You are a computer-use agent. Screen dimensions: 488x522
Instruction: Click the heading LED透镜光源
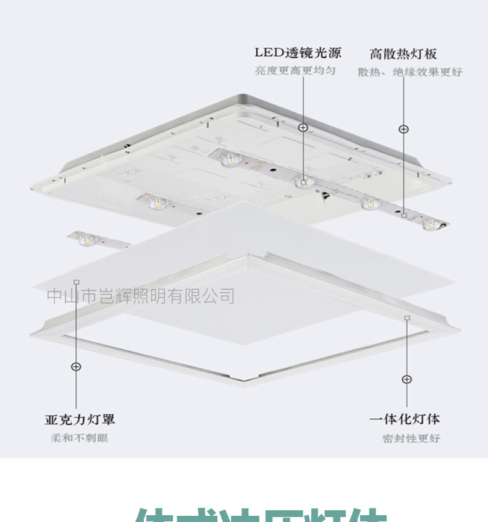click(x=298, y=53)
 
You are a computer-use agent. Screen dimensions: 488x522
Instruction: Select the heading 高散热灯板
click(x=403, y=54)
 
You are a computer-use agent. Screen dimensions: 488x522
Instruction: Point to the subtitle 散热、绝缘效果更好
click(x=410, y=72)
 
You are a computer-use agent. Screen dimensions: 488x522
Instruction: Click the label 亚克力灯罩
click(x=80, y=419)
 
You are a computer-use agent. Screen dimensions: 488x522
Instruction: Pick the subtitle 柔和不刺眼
click(x=79, y=438)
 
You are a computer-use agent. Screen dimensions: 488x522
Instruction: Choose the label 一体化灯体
click(x=405, y=419)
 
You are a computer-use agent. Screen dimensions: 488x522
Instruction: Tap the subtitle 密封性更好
click(x=411, y=439)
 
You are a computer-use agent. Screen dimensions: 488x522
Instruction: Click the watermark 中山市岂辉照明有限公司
click(x=141, y=296)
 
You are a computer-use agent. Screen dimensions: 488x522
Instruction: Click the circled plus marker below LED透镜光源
click(x=303, y=128)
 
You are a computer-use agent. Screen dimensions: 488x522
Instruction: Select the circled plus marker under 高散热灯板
click(x=403, y=129)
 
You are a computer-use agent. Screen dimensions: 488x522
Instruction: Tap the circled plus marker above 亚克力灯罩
click(x=76, y=366)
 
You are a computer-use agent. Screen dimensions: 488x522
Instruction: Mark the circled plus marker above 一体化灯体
click(x=406, y=379)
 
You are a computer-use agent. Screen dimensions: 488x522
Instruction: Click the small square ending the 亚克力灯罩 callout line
click(x=76, y=282)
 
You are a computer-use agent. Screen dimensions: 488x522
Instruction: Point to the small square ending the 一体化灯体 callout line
click(x=406, y=318)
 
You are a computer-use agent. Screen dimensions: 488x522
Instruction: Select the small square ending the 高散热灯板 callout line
click(x=403, y=216)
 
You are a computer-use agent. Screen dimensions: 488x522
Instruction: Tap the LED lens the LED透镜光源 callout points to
click(x=303, y=181)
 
